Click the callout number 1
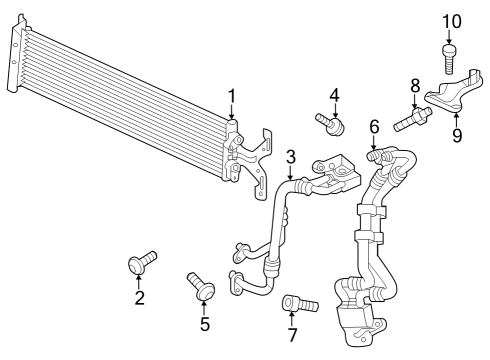coord(231,96)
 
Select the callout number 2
coord(140,298)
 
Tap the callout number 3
coord(291,157)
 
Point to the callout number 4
coord(335,95)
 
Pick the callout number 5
coord(205,324)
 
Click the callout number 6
coord(374,127)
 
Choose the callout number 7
coord(292,335)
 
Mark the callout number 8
coord(415,86)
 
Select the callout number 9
coord(457,135)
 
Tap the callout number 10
coord(452,22)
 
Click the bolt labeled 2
coord(142,263)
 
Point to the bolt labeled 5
coord(201,286)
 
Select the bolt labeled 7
coord(300,303)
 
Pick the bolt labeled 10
coord(449,59)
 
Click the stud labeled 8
coord(413,119)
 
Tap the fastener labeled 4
coord(330,124)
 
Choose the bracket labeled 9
coord(454,91)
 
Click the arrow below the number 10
coord(449,37)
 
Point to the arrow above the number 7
coord(292,319)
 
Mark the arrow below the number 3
coord(291,173)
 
